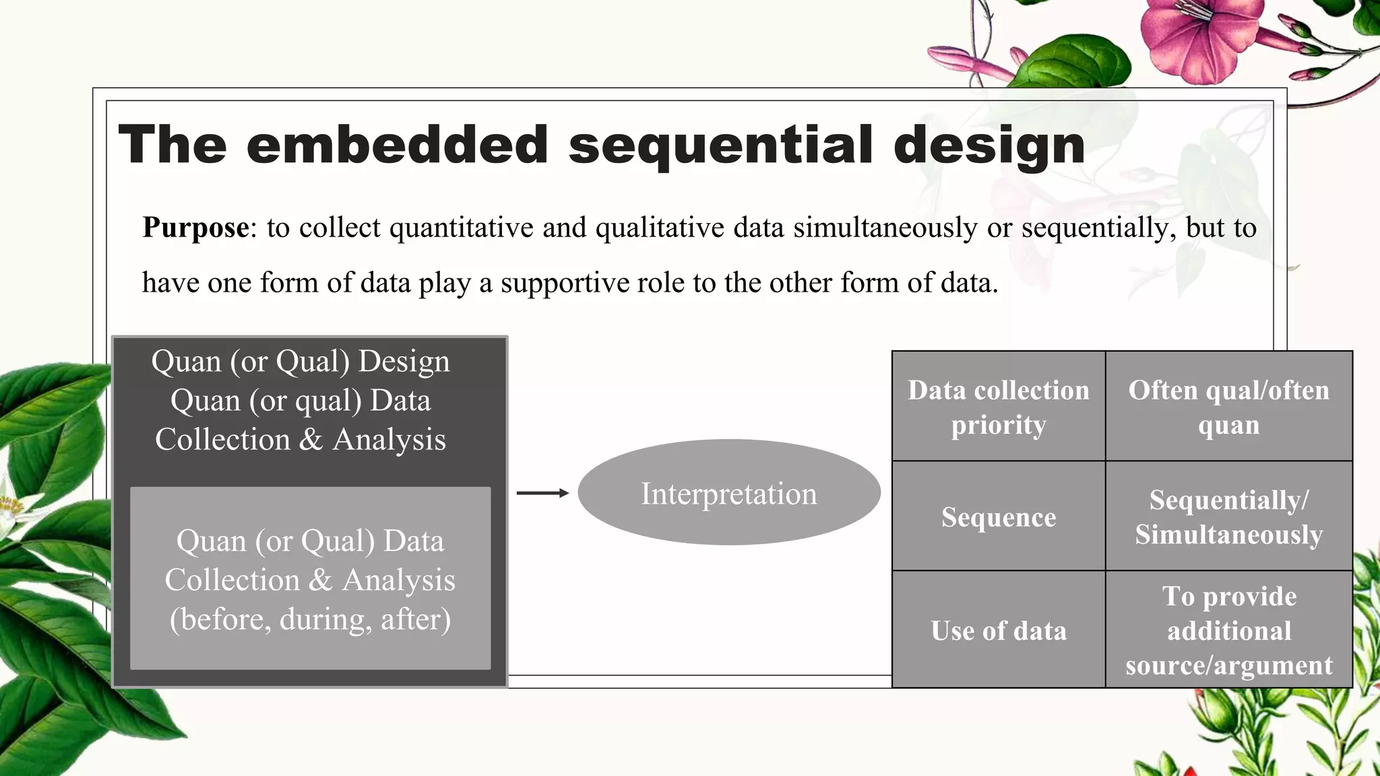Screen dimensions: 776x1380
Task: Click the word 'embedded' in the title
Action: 398,145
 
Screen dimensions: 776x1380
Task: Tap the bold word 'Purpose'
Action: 195,228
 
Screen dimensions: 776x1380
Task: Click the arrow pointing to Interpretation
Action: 542,493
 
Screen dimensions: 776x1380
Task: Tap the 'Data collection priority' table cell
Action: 998,407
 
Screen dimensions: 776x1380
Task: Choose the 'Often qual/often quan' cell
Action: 1228,407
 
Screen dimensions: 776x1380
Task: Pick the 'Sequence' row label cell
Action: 998,517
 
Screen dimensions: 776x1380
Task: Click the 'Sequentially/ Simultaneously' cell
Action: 1228,517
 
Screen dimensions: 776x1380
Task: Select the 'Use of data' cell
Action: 998,630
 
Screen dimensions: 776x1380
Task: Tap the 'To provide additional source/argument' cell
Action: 1228,630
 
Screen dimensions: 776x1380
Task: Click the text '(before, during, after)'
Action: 310,619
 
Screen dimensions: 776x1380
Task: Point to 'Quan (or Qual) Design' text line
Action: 301,362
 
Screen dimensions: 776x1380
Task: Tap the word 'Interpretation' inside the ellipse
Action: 729,494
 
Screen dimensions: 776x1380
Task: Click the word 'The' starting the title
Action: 172,145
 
